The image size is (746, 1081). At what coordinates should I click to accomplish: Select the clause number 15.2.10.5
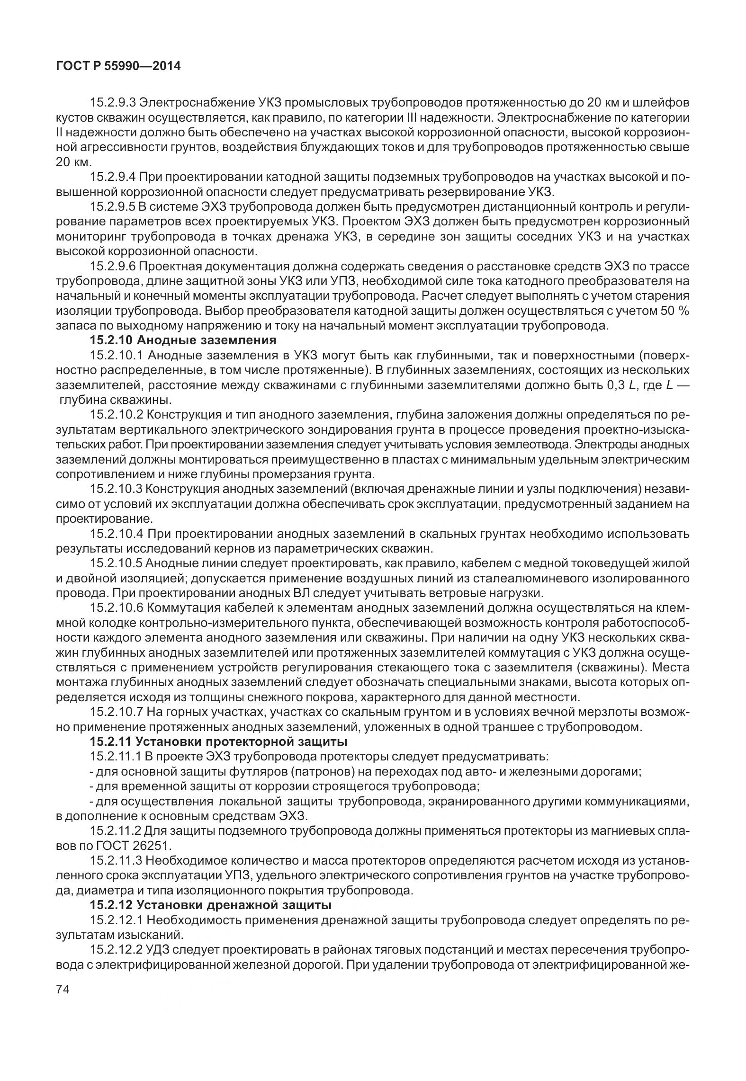(x=117, y=563)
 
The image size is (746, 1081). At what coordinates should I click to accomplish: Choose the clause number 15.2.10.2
(x=117, y=415)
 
